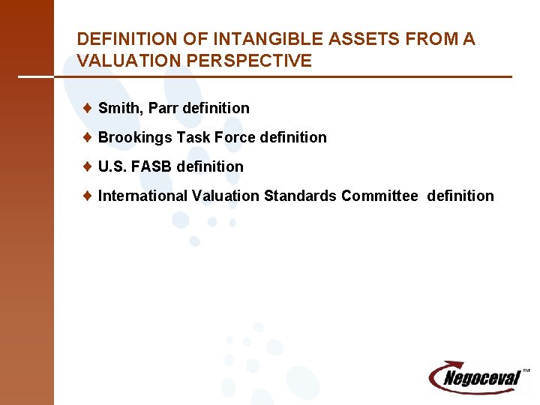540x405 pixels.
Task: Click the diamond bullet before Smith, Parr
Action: click(x=88, y=108)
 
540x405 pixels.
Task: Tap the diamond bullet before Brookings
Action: click(x=88, y=137)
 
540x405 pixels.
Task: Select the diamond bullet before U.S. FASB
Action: click(x=88, y=166)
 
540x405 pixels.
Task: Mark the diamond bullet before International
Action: click(x=88, y=196)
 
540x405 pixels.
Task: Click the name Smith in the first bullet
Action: click(x=120, y=108)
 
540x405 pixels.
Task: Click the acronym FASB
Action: click(x=153, y=166)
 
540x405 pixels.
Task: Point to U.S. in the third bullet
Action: click(x=112, y=166)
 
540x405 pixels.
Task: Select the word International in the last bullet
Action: click(x=142, y=196)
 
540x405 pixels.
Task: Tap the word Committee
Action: click(x=379, y=196)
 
